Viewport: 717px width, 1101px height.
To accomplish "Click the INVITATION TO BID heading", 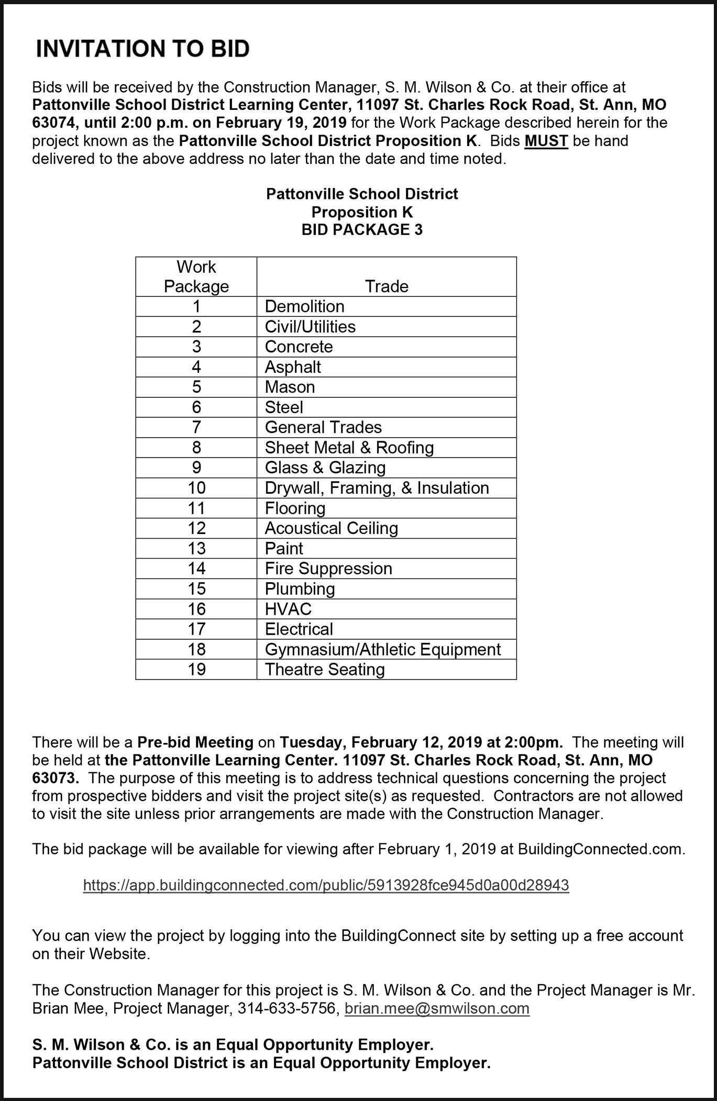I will click(x=142, y=49).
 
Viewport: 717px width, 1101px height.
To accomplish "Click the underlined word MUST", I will click(x=546, y=141).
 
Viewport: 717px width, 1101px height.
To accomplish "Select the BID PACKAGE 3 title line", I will click(x=362, y=230).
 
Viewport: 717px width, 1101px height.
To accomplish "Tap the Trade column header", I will click(x=387, y=286).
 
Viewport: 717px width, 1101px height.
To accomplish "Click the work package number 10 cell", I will click(x=196, y=488).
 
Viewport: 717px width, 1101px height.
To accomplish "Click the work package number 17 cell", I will click(x=196, y=629).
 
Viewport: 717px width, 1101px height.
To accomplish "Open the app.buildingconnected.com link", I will click(x=326, y=885).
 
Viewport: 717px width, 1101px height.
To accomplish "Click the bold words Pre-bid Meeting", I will click(x=195, y=742).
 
